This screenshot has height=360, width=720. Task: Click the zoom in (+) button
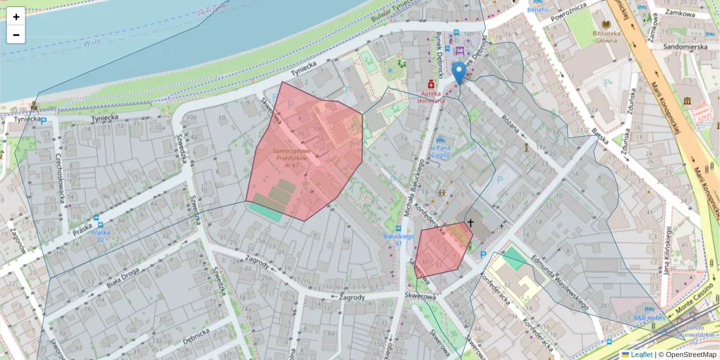coord(16,17)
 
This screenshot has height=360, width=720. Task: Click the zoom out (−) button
coord(16,35)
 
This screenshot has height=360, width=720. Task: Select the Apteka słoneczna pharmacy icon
coord(431,85)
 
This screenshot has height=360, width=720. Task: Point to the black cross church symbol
coord(470,223)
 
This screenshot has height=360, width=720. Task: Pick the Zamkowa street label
coord(680,13)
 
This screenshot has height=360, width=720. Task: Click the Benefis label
coord(538,10)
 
